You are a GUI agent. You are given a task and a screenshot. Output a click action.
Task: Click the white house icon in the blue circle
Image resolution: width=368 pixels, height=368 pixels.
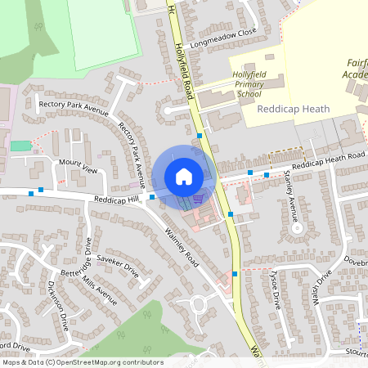pos(184,177)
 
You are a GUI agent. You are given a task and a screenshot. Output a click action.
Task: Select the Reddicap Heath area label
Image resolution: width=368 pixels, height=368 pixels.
pos(293,109)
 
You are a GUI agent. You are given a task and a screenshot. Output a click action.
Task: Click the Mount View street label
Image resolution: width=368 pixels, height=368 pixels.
pos(78,167)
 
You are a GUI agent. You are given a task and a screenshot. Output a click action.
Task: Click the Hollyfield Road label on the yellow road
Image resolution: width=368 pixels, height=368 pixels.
pos(183,61)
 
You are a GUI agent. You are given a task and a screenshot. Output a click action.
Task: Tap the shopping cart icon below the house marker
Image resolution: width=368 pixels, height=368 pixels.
pos(196,200)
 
